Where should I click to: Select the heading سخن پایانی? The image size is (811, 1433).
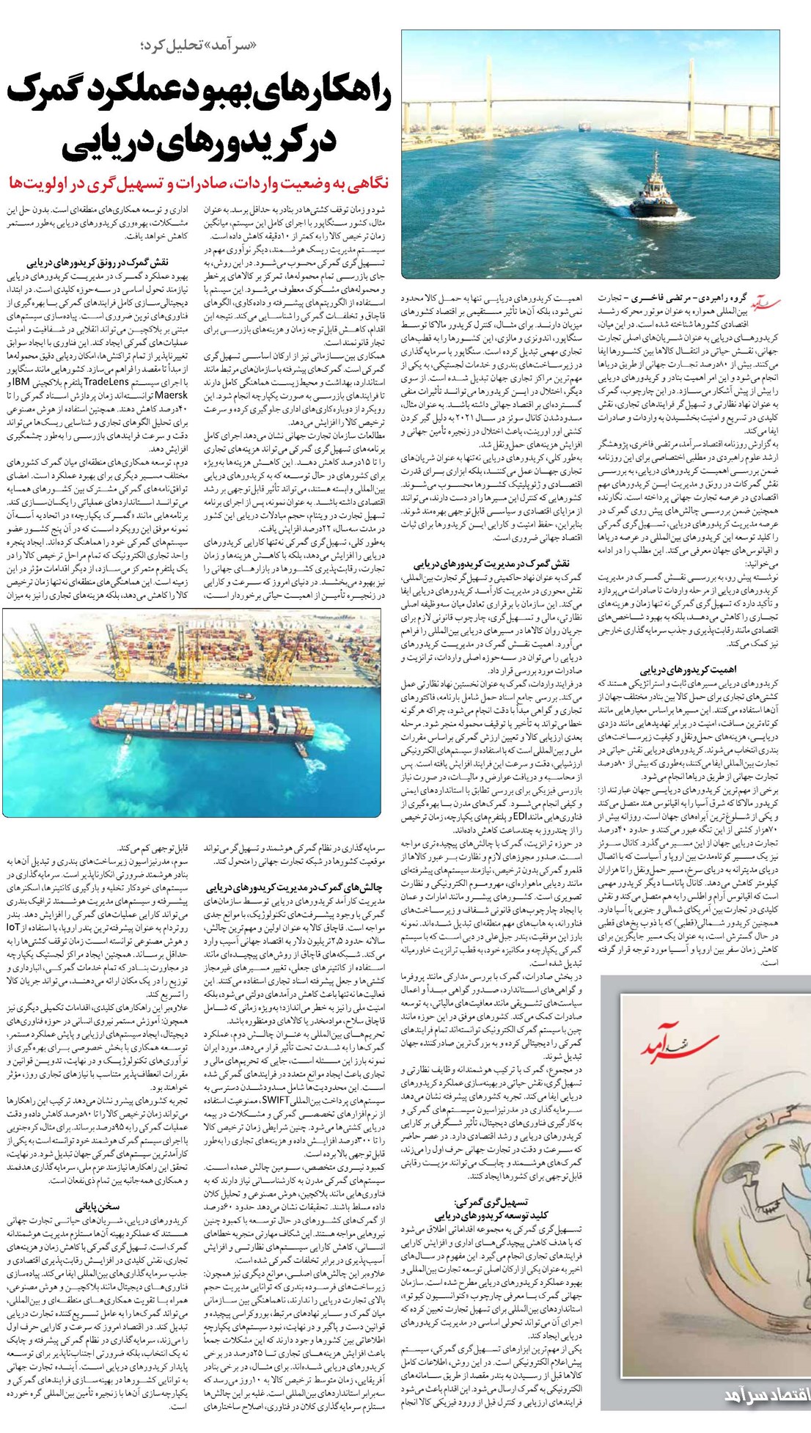pyautogui.click(x=98, y=1205)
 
